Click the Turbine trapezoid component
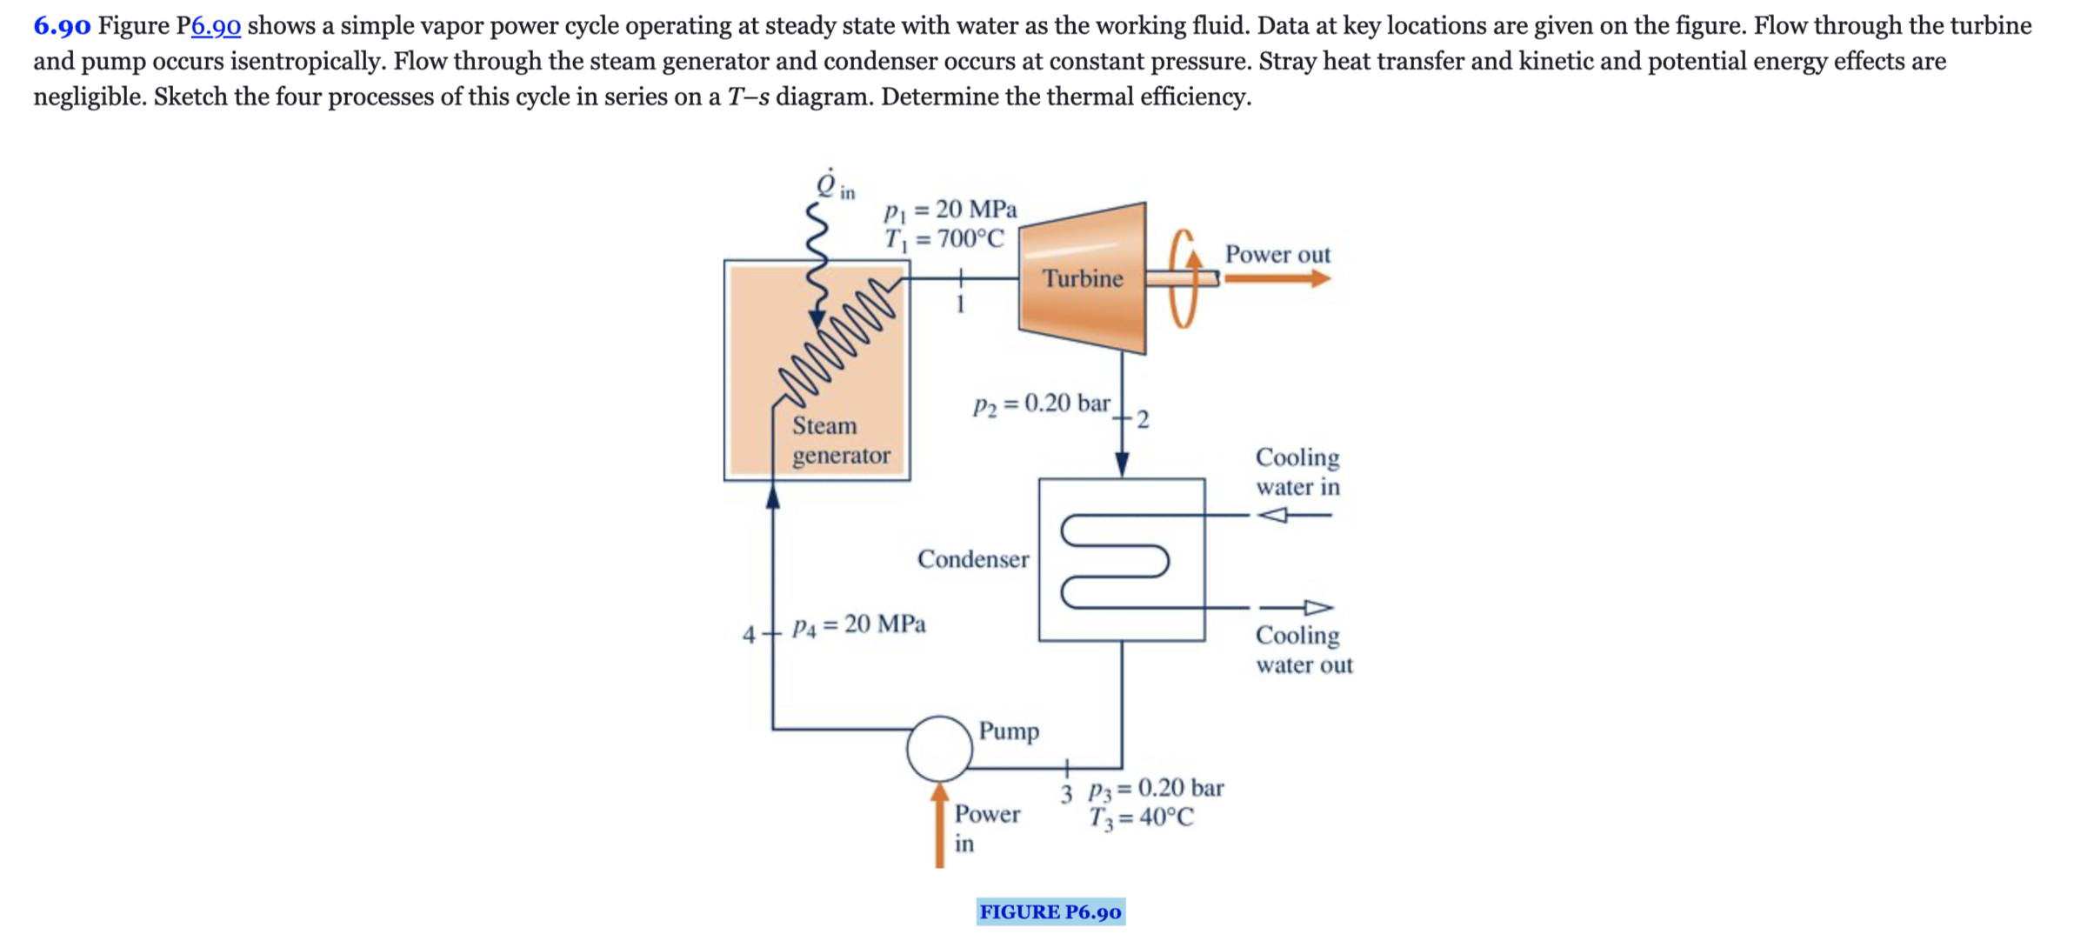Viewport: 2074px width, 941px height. [1082, 278]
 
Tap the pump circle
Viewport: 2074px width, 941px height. [939, 748]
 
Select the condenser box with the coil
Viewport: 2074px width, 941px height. [1122, 559]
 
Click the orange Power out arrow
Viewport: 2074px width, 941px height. [1277, 278]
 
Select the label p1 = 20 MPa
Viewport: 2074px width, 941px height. [950, 210]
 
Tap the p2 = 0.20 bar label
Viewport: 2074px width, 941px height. [1042, 404]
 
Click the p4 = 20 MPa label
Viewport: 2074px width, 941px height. [859, 624]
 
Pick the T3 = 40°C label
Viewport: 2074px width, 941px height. [1142, 818]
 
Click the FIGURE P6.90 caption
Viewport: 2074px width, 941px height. [1050, 911]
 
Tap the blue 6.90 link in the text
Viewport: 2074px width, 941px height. [216, 26]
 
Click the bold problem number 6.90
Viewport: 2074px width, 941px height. [62, 26]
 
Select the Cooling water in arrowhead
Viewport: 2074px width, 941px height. [1273, 515]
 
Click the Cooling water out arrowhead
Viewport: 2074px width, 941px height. [1318, 607]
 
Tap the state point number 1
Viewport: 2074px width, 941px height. [960, 304]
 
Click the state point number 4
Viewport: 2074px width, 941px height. [749, 635]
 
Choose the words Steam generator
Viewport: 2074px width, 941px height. [841, 440]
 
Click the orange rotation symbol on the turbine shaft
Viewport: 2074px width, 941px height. [1184, 278]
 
